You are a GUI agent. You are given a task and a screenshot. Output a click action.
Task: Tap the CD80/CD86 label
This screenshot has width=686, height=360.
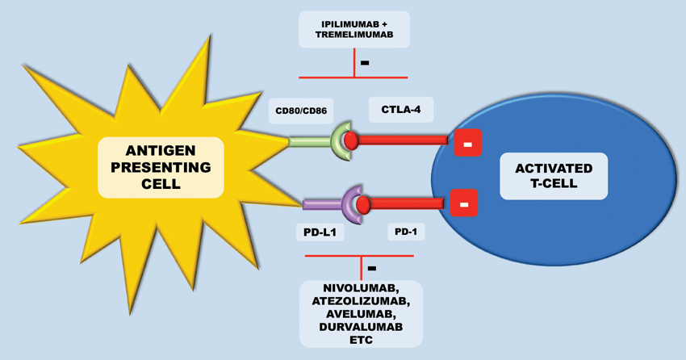click(301, 111)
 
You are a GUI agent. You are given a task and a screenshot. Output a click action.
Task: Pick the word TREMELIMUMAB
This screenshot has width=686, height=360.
click(354, 36)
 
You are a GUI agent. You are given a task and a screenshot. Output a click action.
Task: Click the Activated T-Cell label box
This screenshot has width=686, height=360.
click(554, 177)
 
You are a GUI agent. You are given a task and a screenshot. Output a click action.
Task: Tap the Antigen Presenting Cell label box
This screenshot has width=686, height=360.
click(161, 167)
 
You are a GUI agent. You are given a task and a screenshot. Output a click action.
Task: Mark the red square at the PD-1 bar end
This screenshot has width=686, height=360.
click(463, 203)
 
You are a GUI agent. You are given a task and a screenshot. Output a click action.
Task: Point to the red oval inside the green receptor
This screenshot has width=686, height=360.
click(351, 140)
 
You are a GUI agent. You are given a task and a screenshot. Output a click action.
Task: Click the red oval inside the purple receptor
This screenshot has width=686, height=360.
click(363, 204)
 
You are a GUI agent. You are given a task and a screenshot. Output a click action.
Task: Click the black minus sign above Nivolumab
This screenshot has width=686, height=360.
click(371, 267)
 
